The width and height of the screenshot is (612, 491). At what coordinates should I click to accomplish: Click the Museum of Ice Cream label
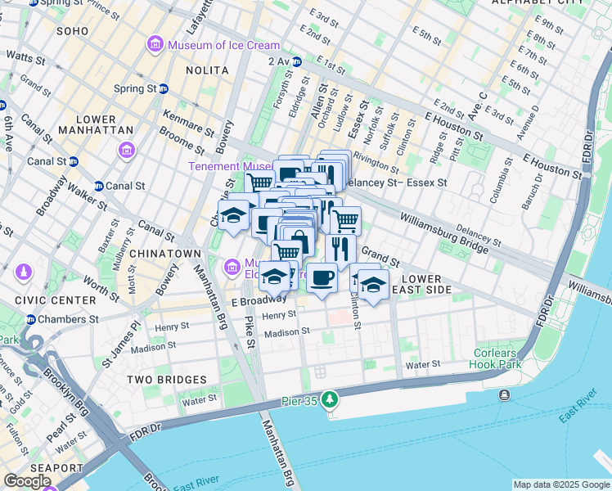point(223,45)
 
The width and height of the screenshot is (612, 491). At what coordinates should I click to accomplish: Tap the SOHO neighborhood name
point(72,30)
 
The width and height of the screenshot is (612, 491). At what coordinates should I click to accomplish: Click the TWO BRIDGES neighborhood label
point(167,380)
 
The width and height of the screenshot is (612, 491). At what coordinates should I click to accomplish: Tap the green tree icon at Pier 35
point(329,399)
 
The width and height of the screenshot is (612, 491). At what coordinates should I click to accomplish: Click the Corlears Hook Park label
point(496,358)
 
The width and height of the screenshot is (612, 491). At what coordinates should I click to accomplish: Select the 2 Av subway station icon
point(298,61)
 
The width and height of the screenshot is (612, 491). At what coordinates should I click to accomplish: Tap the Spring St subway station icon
point(164,88)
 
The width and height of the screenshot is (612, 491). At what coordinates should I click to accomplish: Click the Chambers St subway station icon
point(31,319)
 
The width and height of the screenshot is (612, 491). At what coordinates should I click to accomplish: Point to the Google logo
point(27,481)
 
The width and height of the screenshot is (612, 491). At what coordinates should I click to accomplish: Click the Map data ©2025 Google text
point(561,484)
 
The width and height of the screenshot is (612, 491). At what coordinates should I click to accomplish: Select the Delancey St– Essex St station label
point(398,182)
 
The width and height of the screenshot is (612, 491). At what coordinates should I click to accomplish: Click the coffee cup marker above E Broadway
point(322,278)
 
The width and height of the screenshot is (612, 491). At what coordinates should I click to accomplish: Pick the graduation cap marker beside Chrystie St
point(234,214)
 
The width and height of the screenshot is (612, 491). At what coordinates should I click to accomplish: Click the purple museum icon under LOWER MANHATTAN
point(126,151)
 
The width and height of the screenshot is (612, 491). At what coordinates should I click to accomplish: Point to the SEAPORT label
point(56,468)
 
